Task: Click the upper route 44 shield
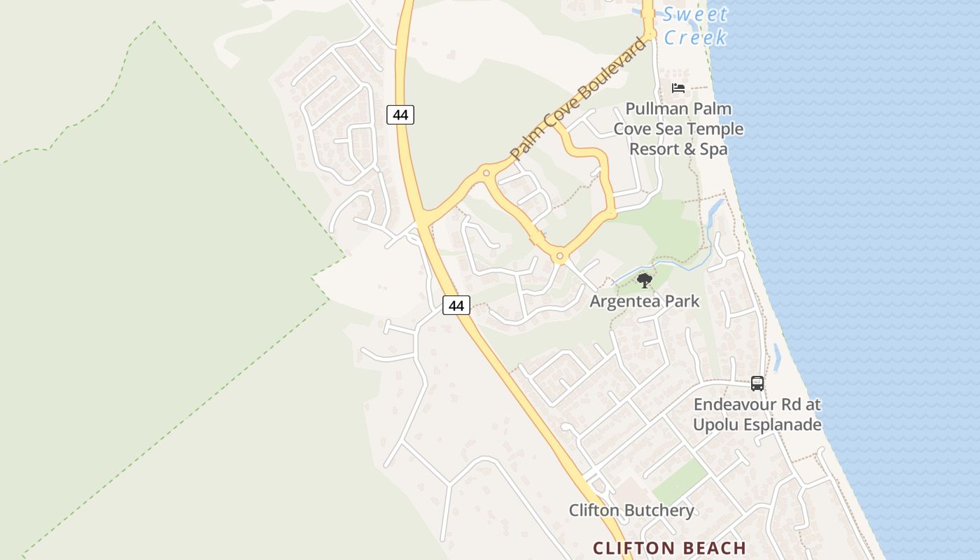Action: (x=400, y=114)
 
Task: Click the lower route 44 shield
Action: (x=456, y=305)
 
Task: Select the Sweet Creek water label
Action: (x=695, y=25)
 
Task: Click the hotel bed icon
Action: (x=678, y=88)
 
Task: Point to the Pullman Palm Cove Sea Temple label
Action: (x=678, y=129)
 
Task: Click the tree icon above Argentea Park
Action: (x=645, y=281)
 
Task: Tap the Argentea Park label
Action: (x=645, y=301)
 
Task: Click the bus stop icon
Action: (x=757, y=383)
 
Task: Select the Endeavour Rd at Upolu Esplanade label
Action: (x=757, y=414)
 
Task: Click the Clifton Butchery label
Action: (x=631, y=510)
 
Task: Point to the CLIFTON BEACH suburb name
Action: (x=670, y=547)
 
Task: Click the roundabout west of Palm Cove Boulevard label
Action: (x=486, y=172)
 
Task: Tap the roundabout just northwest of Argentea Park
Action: (x=559, y=257)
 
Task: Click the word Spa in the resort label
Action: (x=713, y=149)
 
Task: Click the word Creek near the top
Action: (x=695, y=37)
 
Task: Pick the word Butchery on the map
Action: (x=659, y=510)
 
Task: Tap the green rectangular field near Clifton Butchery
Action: (x=679, y=482)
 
